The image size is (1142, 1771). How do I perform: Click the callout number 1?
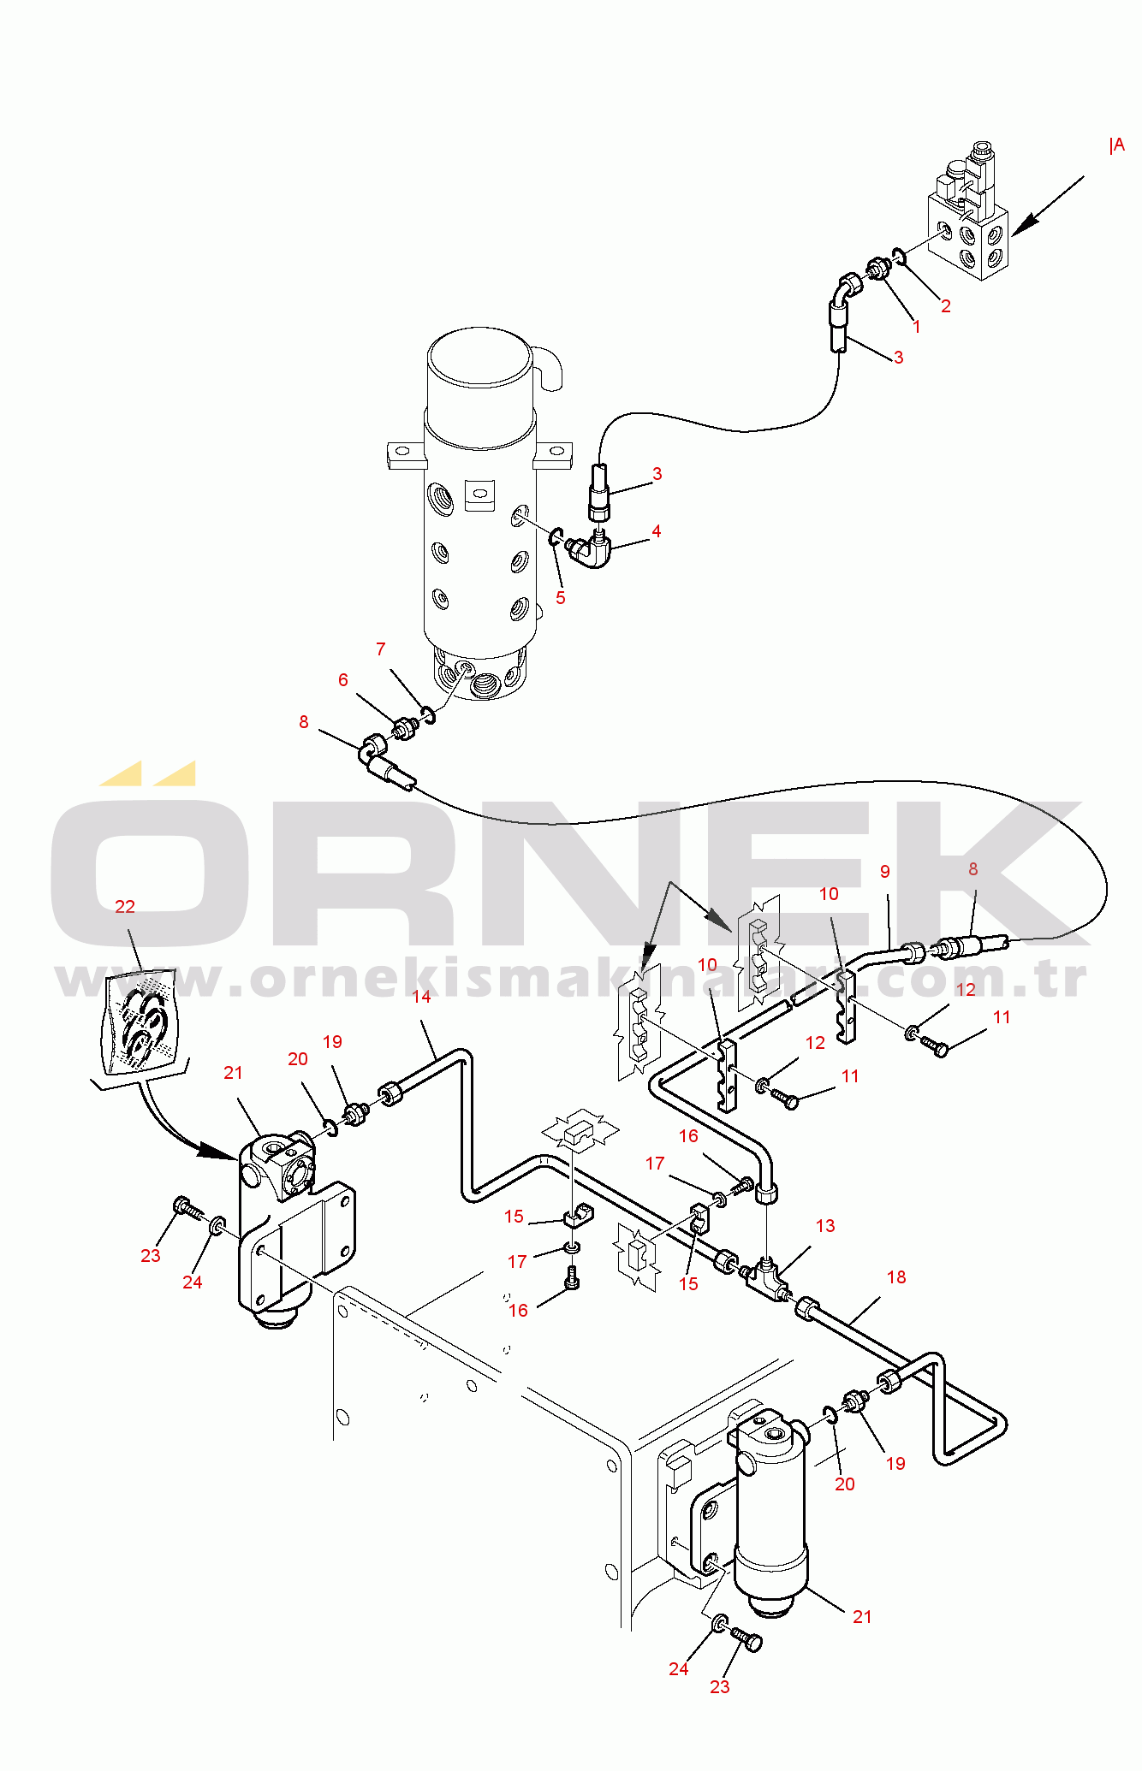(x=917, y=327)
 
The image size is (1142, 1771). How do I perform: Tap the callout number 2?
(x=946, y=306)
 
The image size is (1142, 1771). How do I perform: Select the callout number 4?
(x=657, y=531)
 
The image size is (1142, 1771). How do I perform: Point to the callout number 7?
(x=381, y=649)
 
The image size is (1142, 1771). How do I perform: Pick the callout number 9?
(x=885, y=872)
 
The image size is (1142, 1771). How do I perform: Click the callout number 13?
(x=825, y=1226)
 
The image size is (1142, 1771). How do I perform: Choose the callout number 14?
(x=421, y=997)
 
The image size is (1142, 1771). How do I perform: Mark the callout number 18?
(x=896, y=1277)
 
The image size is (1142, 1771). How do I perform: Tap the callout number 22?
(x=125, y=907)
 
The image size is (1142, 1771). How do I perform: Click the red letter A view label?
(x=1118, y=145)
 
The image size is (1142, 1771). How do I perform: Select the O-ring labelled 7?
(x=428, y=714)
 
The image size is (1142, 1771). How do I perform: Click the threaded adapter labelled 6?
(x=403, y=730)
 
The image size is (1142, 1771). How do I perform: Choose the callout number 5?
(x=561, y=598)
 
